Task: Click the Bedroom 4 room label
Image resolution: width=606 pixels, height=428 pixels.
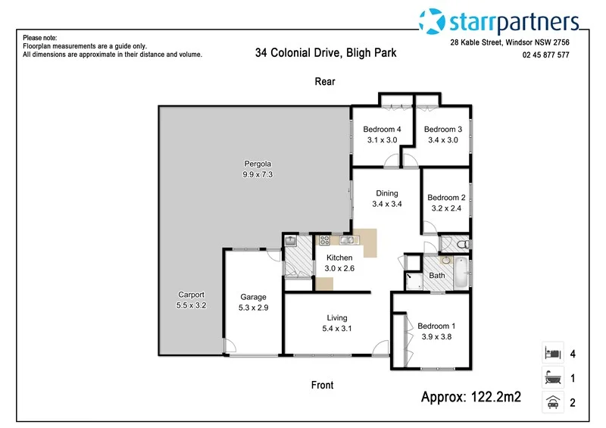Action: tap(381, 129)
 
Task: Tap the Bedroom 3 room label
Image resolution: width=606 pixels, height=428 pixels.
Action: tap(443, 129)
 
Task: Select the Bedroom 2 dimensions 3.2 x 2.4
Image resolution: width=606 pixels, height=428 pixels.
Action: tap(447, 208)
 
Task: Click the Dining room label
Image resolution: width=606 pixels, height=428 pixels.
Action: tap(386, 193)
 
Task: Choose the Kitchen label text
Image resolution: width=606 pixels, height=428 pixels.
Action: tap(339, 258)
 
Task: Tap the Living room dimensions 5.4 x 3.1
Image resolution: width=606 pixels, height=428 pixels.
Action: tap(337, 329)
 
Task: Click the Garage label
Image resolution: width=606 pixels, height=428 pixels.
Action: tap(253, 297)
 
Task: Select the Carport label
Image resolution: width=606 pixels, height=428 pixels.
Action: tap(191, 295)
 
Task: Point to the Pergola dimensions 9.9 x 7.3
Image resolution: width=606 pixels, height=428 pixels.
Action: tap(258, 174)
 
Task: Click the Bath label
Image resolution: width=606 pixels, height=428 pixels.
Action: tap(437, 276)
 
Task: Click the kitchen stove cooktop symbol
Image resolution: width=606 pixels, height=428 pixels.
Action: tap(325, 241)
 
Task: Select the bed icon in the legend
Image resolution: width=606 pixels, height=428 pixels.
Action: tap(551, 353)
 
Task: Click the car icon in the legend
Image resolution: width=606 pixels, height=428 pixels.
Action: tap(551, 403)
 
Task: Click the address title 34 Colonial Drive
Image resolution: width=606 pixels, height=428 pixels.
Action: tap(326, 53)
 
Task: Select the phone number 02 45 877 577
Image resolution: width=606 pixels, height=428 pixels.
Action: tap(545, 55)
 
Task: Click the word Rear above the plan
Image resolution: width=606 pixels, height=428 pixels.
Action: tap(325, 82)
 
